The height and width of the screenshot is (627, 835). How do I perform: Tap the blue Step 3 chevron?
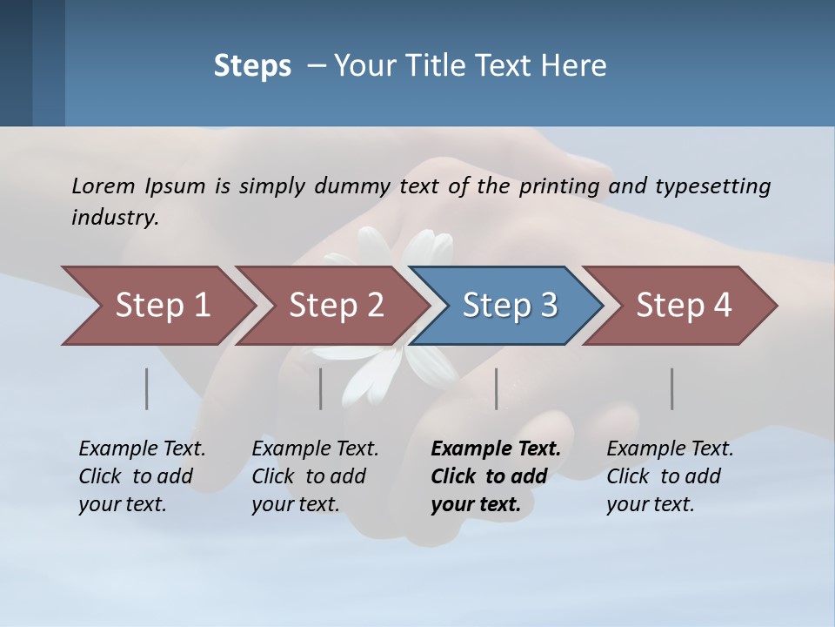(x=510, y=306)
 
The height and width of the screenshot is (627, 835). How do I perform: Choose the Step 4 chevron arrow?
(x=684, y=306)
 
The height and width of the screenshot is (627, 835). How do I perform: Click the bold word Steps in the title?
(x=252, y=66)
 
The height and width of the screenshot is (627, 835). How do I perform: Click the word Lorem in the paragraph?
(x=104, y=185)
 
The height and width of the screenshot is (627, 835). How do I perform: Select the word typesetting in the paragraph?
(x=712, y=185)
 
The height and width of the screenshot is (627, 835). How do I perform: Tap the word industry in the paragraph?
(x=115, y=218)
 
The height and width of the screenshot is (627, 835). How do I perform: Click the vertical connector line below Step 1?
(x=147, y=388)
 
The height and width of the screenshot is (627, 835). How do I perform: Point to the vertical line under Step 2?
(x=321, y=388)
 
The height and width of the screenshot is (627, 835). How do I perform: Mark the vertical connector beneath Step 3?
(x=497, y=388)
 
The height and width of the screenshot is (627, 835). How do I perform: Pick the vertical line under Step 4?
(x=672, y=388)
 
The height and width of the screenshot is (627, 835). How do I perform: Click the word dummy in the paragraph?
(x=352, y=185)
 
